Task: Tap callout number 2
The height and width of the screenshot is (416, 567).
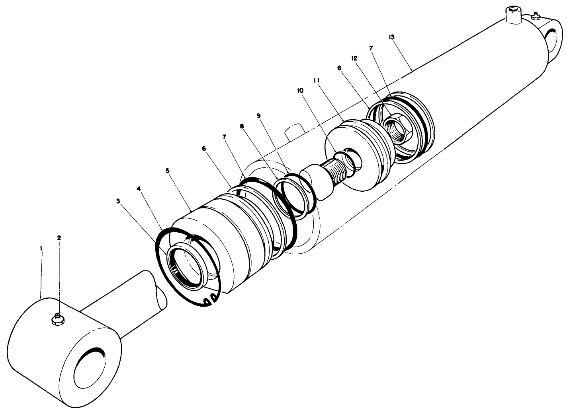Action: click(59, 237)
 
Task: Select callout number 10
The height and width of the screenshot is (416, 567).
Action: click(300, 90)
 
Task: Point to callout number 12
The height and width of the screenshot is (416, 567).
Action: click(354, 58)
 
